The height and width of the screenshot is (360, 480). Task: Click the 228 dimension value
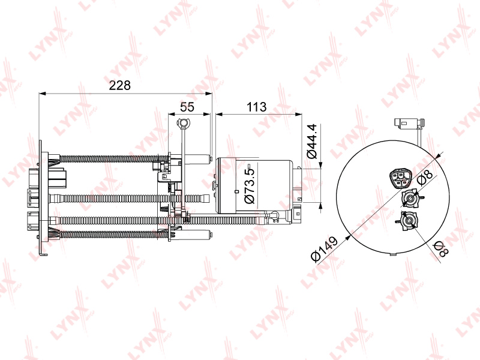click(119, 85)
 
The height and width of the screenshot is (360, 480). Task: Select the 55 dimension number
click(187, 107)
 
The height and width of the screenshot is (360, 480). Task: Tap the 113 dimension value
click(257, 107)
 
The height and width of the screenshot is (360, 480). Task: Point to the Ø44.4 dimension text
click(312, 141)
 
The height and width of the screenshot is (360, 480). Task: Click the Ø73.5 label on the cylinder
click(250, 186)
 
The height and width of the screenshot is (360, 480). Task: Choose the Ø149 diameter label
click(324, 249)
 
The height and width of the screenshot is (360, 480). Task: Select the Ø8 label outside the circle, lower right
click(442, 248)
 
